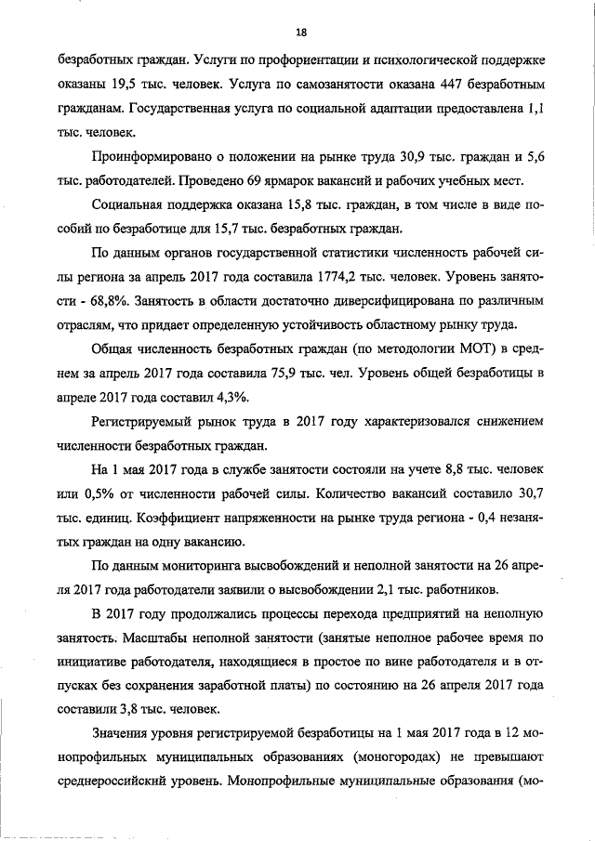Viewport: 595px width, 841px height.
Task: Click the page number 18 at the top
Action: (300, 32)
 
